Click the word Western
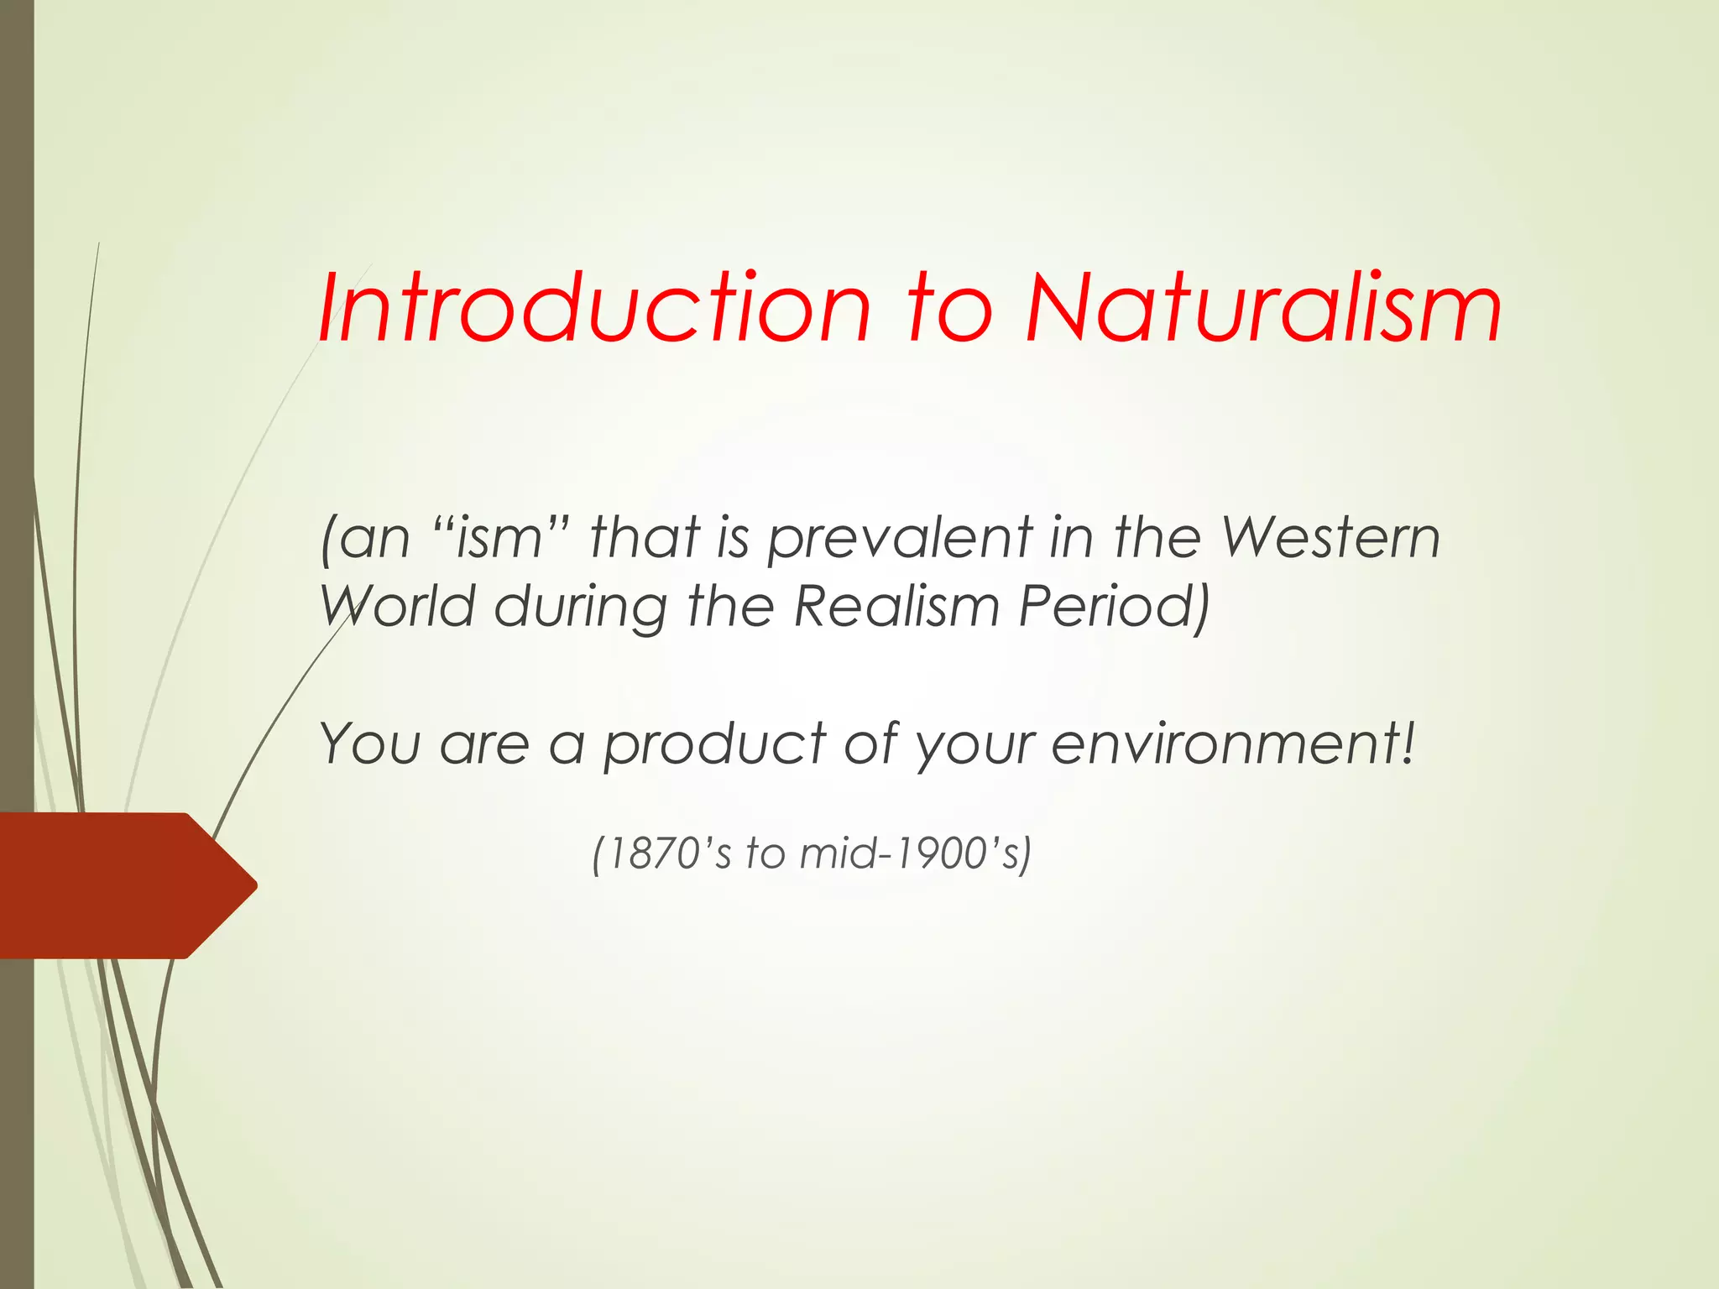(1330, 537)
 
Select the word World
(399, 606)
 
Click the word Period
(1113, 606)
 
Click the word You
(370, 744)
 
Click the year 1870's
(663, 853)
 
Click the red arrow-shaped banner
(118, 885)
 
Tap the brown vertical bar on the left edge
(16, 420)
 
